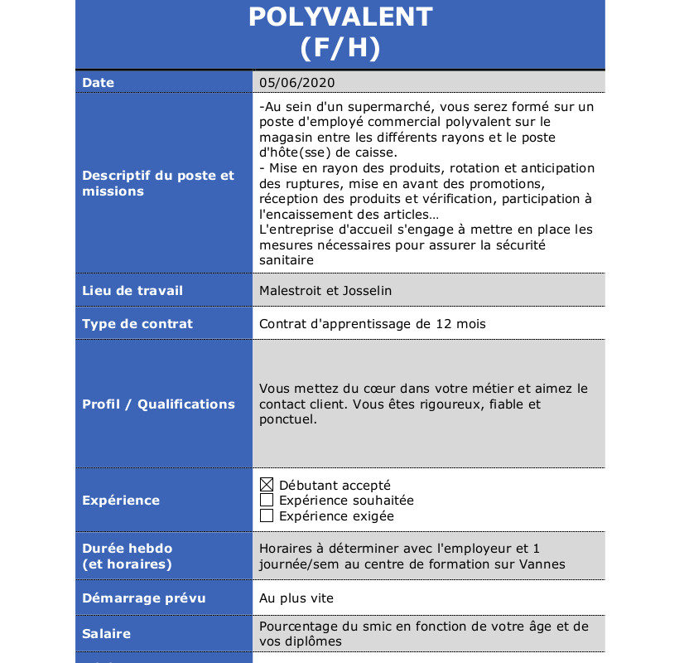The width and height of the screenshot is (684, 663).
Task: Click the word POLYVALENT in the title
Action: coord(340,17)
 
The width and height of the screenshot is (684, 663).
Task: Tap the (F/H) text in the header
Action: coord(340,48)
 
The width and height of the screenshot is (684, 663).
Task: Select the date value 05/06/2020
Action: coord(297,82)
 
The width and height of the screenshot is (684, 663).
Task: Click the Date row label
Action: coord(99,83)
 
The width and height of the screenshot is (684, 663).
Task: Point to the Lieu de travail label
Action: coord(132,291)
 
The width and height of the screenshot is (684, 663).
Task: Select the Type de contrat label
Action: coord(137,324)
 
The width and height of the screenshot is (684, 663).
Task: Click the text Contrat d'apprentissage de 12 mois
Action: coord(372,324)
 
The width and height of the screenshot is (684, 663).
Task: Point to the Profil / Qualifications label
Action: coord(158,404)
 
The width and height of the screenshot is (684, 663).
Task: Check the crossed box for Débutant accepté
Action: coord(267,485)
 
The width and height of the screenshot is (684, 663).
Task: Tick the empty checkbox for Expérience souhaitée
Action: coord(267,501)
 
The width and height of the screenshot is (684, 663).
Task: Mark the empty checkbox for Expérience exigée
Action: coord(267,516)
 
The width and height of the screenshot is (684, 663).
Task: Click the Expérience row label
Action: coord(121,501)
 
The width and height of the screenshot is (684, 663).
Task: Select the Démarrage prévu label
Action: coord(144,598)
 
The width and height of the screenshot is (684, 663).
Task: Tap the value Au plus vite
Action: coord(296,598)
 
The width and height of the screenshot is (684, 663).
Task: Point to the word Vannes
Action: coord(542,564)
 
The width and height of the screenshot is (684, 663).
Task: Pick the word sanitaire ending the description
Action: coord(287,260)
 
